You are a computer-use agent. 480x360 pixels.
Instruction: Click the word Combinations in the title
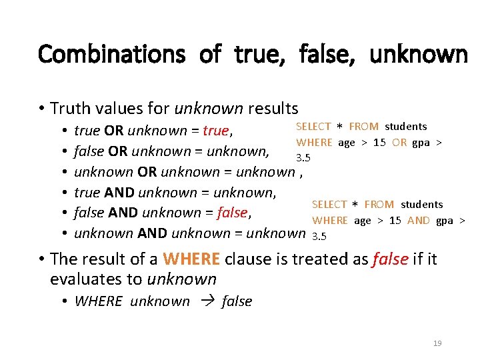coord(111,53)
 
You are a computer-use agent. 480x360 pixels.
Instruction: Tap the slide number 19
coord(437,343)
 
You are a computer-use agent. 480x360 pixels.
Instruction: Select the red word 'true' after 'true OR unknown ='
coord(216,131)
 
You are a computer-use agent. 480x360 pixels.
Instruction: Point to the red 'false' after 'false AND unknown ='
coord(232,213)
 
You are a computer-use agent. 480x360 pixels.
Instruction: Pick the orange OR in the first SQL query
coord(399,142)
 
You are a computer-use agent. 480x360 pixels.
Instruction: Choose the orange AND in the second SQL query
coord(418,221)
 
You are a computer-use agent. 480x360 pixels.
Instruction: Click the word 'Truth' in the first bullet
coord(69,108)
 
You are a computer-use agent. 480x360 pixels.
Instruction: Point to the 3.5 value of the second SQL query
coord(319,236)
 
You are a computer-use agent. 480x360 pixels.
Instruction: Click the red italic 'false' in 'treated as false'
coord(390,259)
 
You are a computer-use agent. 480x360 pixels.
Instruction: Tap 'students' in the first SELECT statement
coord(406,126)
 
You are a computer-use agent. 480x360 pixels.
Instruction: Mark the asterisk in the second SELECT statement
coord(356,205)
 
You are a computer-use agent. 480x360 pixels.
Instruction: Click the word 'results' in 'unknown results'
coord(273,108)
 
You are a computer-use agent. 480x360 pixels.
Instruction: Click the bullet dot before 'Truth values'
coord(41,109)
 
